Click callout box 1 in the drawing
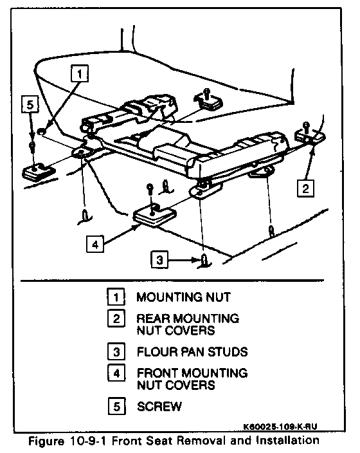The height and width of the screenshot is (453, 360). [79, 73]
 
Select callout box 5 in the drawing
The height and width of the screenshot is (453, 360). [30, 104]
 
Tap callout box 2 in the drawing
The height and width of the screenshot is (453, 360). [305, 189]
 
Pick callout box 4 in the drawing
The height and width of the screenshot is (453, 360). [95, 244]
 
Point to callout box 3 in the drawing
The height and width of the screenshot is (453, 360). [159, 260]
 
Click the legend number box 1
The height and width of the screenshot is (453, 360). [116, 297]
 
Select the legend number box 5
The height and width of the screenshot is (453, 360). [116, 406]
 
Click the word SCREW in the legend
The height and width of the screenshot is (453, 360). [159, 407]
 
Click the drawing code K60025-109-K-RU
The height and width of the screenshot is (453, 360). [280, 427]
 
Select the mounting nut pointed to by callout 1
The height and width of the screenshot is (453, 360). [42, 131]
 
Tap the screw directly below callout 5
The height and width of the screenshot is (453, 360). [32, 146]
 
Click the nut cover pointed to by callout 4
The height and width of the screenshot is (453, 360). [154, 215]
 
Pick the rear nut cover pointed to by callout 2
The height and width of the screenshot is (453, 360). [310, 136]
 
